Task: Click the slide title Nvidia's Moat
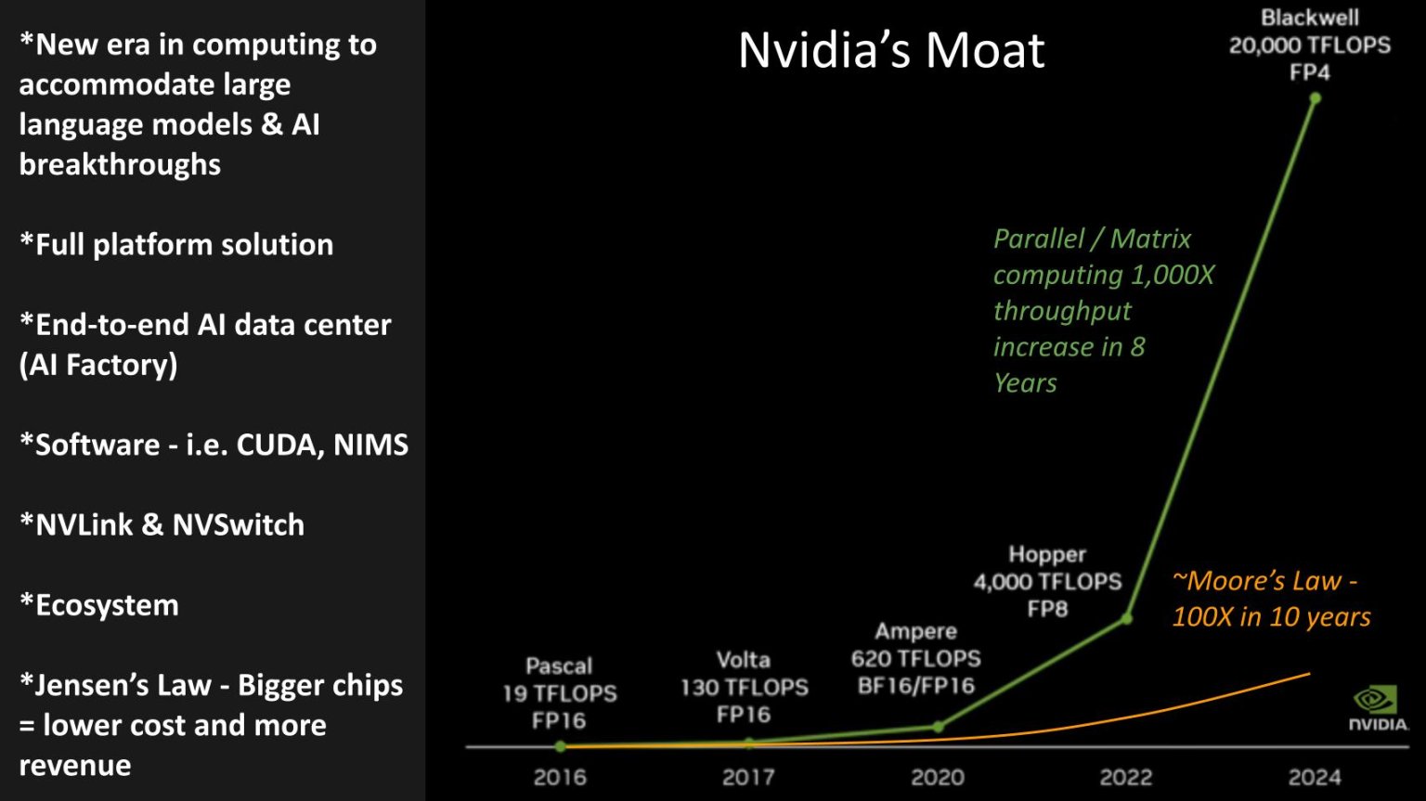coord(891,50)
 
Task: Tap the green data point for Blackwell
coord(1315,98)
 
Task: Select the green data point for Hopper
coord(1126,618)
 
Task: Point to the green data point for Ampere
coord(938,727)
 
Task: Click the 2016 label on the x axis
coord(560,778)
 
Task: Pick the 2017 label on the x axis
coord(748,778)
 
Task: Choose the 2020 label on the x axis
coord(938,778)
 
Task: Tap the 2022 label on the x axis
coord(1126,778)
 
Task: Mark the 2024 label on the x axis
coord(1315,778)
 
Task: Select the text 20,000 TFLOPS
coord(1309,45)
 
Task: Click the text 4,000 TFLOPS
coord(1047,582)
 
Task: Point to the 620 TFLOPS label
coord(915,659)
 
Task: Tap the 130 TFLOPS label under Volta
coord(744,688)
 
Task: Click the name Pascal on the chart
coord(559,666)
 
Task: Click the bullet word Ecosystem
coord(107,605)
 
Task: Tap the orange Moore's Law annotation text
coord(1270,599)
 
